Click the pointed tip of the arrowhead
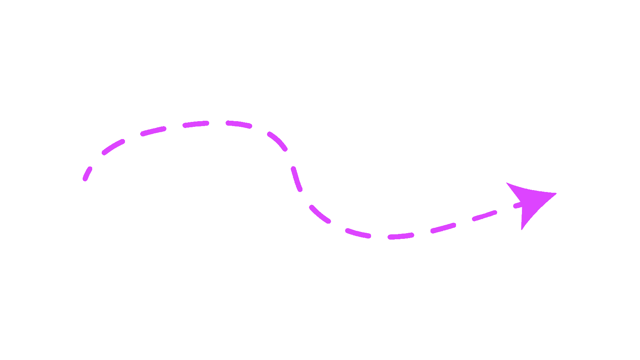[x=555, y=194]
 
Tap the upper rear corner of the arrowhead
[x=507, y=184]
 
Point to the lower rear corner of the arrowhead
[x=522, y=229]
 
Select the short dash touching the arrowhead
[x=518, y=205]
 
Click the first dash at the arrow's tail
[x=88, y=173]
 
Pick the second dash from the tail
[x=113, y=147]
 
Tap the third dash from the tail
[x=154, y=131]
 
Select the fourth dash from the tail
[x=196, y=124]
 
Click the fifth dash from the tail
[x=239, y=124]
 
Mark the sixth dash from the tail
[x=277, y=141]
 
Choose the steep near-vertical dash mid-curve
[x=296, y=179]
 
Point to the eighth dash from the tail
[x=320, y=214]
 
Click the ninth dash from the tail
[x=358, y=233]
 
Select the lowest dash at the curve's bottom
[x=401, y=236]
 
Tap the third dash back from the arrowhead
[x=443, y=228]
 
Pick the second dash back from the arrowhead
[x=485, y=216]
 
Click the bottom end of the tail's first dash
[x=85, y=179]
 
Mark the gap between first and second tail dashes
[x=96, y=160]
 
